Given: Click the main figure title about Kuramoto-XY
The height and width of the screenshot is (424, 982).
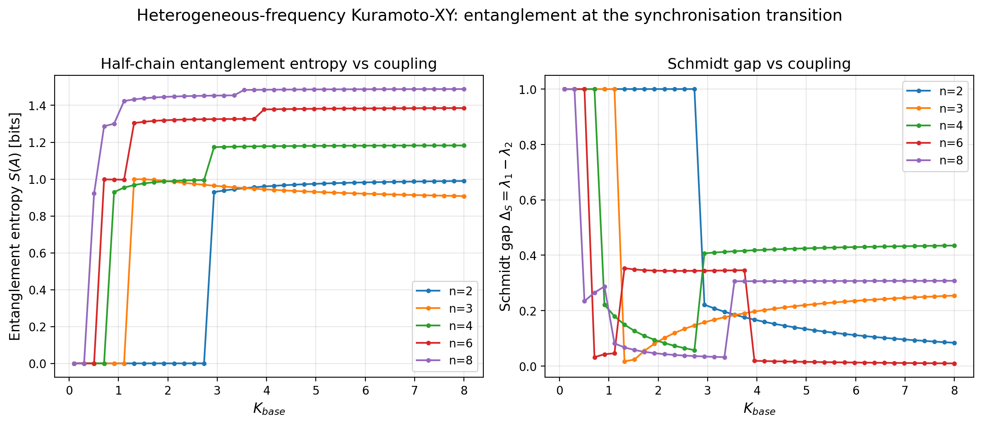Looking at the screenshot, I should coord(489,16).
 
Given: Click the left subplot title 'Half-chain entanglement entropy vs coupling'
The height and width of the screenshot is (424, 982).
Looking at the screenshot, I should coord(269,64).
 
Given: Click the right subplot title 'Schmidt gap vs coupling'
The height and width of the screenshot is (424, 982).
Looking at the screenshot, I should coord(759,64).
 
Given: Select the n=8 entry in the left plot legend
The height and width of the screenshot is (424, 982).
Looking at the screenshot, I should coord(460,361).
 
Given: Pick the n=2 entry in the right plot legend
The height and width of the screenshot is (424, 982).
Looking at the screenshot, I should coord(951,91).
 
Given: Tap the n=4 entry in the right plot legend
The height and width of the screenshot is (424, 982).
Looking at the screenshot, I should coord(951,126).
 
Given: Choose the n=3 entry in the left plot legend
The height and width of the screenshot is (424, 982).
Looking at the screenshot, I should coord(460,308).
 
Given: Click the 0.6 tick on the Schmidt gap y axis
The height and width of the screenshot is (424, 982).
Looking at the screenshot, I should coord(527,200).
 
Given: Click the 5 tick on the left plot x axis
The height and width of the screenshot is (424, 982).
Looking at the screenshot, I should coord(316,391).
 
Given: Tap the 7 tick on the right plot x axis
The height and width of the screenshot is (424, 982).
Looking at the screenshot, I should coord(905,391).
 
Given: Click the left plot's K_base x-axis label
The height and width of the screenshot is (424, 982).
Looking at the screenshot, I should coord(269,410).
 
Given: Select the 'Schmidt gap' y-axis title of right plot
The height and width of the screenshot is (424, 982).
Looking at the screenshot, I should coord(506,226).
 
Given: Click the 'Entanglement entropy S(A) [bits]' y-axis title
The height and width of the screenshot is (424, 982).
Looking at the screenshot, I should coord(15,226).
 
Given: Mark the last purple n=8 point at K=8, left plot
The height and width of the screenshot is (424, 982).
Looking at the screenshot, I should coord(464,89).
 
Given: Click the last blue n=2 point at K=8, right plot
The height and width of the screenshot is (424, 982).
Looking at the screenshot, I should coord(954,343).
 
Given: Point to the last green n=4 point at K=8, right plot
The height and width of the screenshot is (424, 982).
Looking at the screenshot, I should coord(954,246).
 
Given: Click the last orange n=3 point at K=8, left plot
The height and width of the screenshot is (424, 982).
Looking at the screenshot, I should coord(464,196).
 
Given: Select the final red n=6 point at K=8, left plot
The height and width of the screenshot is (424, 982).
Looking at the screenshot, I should coord(464,108).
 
